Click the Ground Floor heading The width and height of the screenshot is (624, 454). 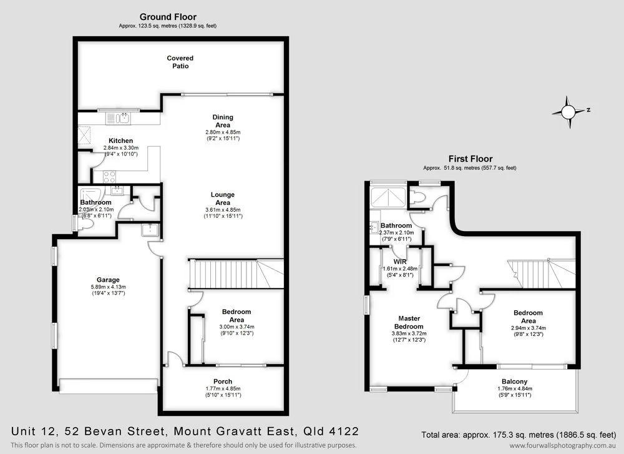pos(168,17)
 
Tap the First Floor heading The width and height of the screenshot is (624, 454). pos(470,159)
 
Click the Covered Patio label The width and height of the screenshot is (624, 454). pos(180,62)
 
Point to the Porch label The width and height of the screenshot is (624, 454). pos(223,382)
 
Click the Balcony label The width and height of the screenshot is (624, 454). pos(514,382)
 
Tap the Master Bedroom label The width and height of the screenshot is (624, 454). pos(410,322)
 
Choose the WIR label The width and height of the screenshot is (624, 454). pos(400,262)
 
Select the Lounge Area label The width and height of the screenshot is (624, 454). pos(223,199)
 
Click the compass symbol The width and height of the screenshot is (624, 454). pos(568,112)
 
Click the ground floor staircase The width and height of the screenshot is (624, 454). pos(228,274)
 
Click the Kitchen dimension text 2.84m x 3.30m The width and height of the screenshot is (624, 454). pos(120,148)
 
